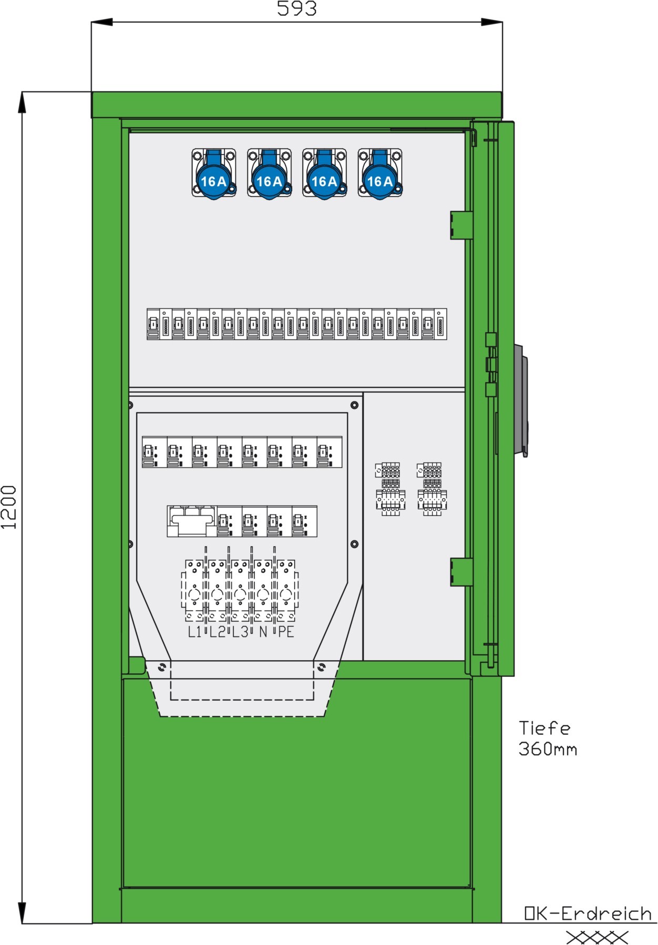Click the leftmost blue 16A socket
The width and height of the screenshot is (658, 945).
214,173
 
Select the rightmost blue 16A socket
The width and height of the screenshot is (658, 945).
380,173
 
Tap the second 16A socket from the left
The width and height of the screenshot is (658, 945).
269,173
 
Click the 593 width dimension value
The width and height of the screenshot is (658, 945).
297,8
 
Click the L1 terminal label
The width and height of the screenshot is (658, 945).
194,632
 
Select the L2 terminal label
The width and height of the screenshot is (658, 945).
217,632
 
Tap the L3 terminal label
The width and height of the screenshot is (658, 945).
240,632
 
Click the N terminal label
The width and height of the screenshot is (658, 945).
263,632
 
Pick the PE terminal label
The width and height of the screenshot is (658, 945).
286,632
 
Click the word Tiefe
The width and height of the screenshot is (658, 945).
544,728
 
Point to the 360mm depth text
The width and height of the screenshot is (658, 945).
548,748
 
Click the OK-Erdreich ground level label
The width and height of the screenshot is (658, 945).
588,913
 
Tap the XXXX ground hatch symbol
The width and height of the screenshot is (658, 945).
597,937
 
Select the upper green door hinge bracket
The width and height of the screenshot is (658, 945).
461,225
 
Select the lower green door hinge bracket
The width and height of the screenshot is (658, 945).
461,572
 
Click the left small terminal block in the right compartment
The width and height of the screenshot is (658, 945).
390,489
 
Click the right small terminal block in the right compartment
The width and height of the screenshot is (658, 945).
431,489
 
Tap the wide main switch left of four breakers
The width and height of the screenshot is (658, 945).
191,521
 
